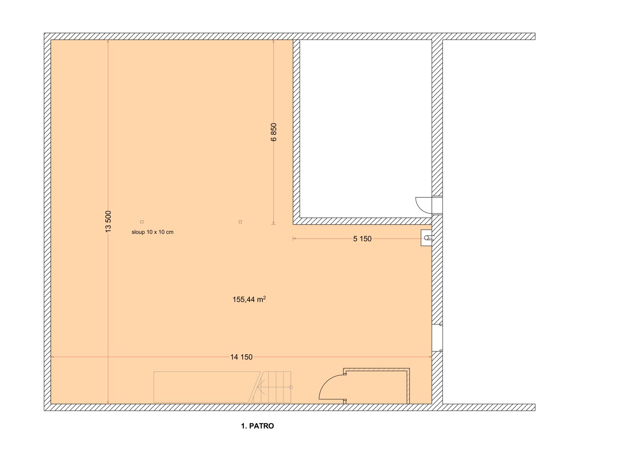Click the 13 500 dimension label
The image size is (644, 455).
click(x=108, y=222)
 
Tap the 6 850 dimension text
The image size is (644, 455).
click(x=274, y=132)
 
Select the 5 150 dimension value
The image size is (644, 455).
click(x=362, y=239)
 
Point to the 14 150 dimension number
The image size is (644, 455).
click(x=241, y=357)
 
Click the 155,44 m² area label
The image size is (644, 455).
click(x=249, y=300)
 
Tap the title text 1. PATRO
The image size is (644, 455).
click(x=257, y=426)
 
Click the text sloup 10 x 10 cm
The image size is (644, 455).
click(x=152, y=232)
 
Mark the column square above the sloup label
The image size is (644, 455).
click(x=142, y=222)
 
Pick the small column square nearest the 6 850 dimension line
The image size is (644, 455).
click(x=240, y=222)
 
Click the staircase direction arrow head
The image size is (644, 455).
click(x=260, y=387)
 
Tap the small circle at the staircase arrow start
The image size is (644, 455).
click(x=291, y=387)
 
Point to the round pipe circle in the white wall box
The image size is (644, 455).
click(x=426, y=238)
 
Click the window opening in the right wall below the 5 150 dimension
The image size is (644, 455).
click(x=437, y=338)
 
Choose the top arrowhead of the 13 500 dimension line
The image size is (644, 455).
click(x=108, y=41)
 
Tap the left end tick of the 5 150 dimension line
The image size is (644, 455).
click(x=293, y=238)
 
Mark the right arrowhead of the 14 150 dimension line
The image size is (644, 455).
click(x=430, y=357)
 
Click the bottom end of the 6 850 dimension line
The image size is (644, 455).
click(x=273, y=224)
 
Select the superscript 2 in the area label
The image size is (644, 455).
click(x=265, y=297)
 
